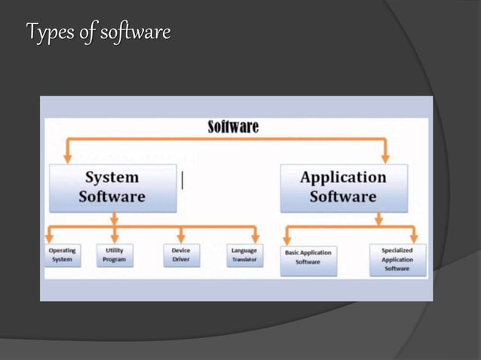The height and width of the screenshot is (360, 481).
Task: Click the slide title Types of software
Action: [98, 33]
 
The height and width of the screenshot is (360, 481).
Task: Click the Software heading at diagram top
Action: [233, 127]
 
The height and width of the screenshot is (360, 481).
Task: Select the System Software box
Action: [112, 188]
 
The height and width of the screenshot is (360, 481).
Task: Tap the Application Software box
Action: [343, 188]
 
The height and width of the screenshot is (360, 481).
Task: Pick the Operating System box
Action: [63, 255]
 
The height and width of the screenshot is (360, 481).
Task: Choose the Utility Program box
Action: [115, 255]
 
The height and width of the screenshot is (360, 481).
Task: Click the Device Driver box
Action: [181, 255]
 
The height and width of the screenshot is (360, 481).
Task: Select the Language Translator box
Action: [244, 255]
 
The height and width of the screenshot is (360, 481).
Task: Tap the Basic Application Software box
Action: [308, 258]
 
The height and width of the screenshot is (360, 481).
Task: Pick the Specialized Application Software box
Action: [397, 258]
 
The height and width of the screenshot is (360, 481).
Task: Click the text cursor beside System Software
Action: [182, 179]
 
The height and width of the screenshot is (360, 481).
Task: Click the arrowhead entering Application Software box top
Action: [384, 157]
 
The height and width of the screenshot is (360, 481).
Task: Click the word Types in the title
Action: [47, 33]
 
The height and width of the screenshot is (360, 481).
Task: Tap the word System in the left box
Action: [112, 178]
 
